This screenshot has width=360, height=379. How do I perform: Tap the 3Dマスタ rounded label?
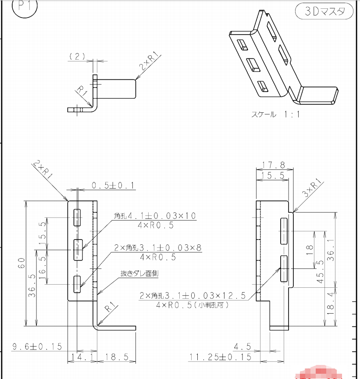(324, 11)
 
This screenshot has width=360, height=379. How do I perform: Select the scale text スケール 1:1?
(276, 114)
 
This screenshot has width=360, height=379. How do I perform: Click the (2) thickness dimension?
(77, 57)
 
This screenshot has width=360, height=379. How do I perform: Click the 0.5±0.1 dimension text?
(113, 186)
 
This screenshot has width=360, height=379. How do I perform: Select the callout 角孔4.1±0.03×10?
(155, 216)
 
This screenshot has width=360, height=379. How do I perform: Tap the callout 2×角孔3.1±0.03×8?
(158, 248)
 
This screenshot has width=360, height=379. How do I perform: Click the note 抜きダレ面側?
(139, 273)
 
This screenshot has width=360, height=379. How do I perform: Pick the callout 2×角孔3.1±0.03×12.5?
(192, 296)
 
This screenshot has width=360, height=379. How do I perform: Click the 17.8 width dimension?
(274, 165)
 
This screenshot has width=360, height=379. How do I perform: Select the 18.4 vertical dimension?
(331, 304)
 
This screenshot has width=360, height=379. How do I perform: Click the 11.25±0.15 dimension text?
(220, 357)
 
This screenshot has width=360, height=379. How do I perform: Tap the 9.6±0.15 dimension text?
(37, 347)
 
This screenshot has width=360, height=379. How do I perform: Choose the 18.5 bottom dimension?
(117, 357)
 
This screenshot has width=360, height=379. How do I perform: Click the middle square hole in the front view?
(78, 250)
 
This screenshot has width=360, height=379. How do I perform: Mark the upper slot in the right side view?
(284, 231)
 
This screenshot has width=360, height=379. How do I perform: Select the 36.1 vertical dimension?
(331, 250)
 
